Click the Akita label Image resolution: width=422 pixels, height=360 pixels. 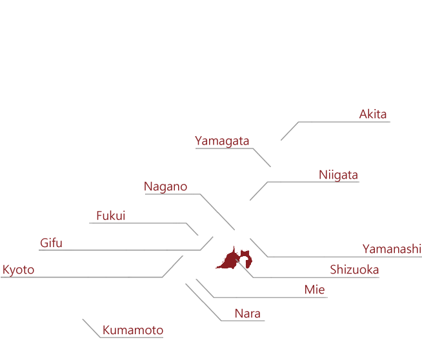coord(373,114)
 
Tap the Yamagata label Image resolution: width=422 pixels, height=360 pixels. coord(222,141)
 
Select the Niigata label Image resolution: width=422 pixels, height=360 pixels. coord(338,175)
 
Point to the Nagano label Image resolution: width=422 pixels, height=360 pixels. coord(166,186)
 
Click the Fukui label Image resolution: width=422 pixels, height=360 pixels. coord(111,215)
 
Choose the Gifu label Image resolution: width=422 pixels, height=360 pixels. coord(51,243)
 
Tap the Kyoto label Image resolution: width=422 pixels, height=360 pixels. coord(18,270)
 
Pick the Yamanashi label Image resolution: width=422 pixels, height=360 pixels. coord(392,249)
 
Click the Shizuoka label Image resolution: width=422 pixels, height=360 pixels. coord(354,270)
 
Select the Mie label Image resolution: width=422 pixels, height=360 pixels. coord(315,290)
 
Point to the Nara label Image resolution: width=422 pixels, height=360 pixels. coord(248,314)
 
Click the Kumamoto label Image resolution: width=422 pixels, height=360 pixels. coord(133,330)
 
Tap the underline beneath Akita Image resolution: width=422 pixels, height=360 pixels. coord(345,122)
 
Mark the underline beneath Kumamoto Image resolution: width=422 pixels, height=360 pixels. coord(132,337)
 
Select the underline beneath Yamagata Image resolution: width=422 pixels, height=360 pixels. coord(224,148)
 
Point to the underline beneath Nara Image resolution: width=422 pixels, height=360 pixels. coord(243,321)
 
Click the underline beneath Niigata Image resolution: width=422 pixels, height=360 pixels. coord(313,182)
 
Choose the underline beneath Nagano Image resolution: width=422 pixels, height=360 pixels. coord(172,194)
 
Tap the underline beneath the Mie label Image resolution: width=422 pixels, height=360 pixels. coord(270,297)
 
